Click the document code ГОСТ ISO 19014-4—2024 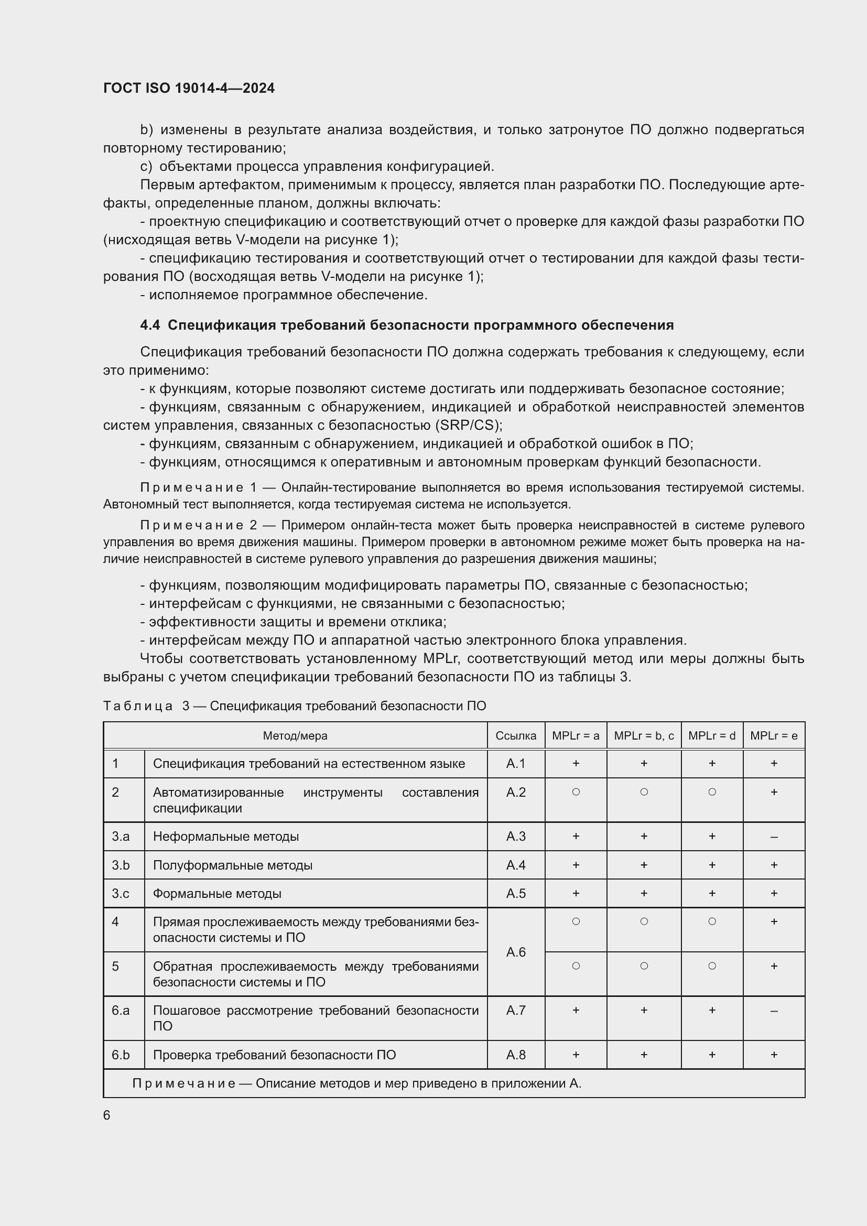click(x=189, y=88)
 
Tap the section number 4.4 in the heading click(x=149, y=325)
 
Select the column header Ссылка click(x=515, y=736)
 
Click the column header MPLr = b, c click(x=643, y=736)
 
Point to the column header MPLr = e click(x=773, y=736)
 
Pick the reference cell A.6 click(x=515, y=952)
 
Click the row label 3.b click(x=121, y=865)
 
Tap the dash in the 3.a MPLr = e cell click(x=774, y=837)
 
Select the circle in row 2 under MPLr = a click(x=576, y=792)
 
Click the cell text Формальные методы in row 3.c click(x=217, y=893)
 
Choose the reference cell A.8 click(x=515, y=1055)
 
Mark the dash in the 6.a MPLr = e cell click(x=774, y=1011)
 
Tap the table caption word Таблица click(x=138, y=706)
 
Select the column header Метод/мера click(x=295, y=736)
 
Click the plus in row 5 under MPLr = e click(x=774, y=966)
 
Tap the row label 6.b click(x=121, y=1055)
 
